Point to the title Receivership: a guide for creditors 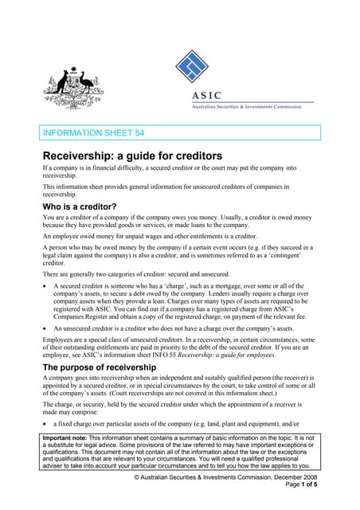(x=131, y=155)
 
